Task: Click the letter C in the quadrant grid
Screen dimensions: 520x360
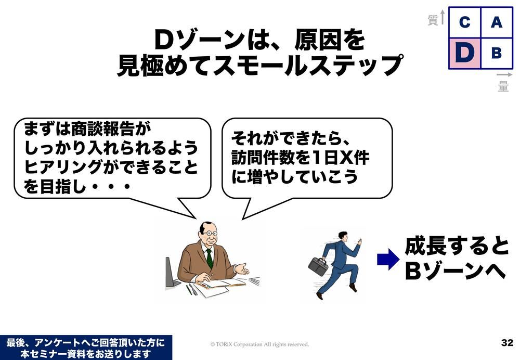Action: coord(464,22)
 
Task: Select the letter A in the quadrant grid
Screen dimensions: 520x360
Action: coord(497,22)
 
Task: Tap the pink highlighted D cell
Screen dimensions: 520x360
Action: coord(464,54)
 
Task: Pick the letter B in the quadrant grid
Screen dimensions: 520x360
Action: coord(497,53)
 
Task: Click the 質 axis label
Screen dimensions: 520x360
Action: coord(433,20)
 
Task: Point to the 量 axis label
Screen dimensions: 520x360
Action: coord(503,86)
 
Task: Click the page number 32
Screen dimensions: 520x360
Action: coord(508,342)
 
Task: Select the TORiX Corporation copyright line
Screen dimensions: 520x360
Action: coord(259,344)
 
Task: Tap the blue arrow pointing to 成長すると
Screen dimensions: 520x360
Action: coord(388,259)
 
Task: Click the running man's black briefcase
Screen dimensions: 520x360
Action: coord(318,266)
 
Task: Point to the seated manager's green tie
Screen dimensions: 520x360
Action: coord(209,258)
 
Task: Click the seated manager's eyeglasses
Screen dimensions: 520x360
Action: coord(210,233)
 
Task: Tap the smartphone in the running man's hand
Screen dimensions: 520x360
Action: coord(360,241)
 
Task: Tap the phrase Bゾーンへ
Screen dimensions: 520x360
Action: coord(455,271)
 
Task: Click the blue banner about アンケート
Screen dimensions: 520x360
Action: coord(86,348)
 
